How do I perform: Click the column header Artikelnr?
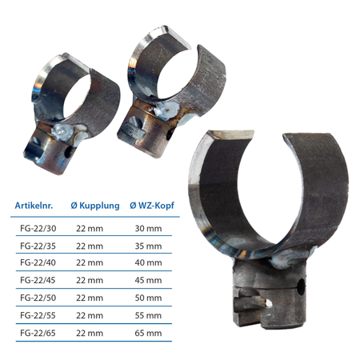[34, 206]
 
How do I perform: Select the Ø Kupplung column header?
[95, 206]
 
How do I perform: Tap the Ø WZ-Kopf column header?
[152, 206]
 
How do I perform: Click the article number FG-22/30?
[38, 229]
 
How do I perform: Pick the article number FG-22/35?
[38, 246]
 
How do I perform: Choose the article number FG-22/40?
[38, 262]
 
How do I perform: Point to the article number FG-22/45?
[38, 280]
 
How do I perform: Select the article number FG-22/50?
[38, 298]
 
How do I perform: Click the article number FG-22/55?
[38, 315]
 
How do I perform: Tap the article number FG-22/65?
[38, 333]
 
